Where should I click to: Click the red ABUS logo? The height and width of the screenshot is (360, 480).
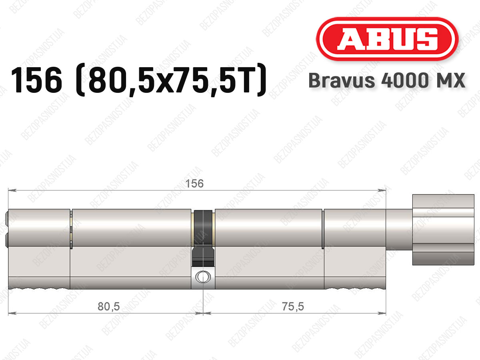click(387, 39)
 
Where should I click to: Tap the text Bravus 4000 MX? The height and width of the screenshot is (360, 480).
click(387, 80)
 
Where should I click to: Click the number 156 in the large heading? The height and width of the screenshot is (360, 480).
click(37, 80)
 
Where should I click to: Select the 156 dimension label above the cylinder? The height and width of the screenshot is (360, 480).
click(194, 184)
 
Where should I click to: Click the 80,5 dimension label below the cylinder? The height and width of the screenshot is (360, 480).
click(109, 306)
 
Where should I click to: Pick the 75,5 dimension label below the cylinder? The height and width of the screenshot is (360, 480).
click(293, 306)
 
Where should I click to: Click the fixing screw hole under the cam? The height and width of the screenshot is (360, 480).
click(203, 277)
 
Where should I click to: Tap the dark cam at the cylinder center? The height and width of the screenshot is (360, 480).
click(203, 238)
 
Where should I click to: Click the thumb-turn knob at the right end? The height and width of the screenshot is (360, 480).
click(443, 230)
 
